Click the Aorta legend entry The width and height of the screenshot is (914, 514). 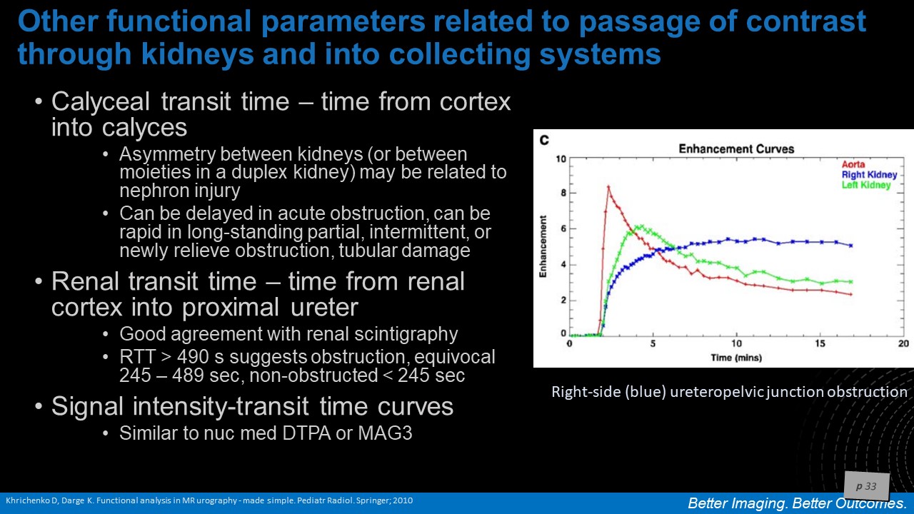click(x=853, y=164)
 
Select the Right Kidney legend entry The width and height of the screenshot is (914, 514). click(x=869, y=175)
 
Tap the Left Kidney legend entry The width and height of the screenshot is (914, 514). click(x=866, y=185)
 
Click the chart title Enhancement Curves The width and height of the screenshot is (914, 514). click(x=736, y=149)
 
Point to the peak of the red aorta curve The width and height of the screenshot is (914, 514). click(x=608, y=186)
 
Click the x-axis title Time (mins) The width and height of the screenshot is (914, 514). click(x=736, y=358)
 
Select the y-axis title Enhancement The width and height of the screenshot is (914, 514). click(x=543, y=246)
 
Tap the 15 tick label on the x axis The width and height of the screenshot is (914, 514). click(x=820, y=343)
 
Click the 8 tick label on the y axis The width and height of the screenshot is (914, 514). click(x=563, y=193)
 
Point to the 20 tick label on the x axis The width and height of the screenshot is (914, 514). click(x=903, y=343)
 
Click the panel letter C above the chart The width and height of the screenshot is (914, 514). click(x=544, y=141)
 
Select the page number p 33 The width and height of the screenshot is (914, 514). click(x=866, y=486)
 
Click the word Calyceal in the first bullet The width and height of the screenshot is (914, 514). click(x=101, y=101)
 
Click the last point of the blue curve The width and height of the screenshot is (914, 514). click(x=851, y=246)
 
